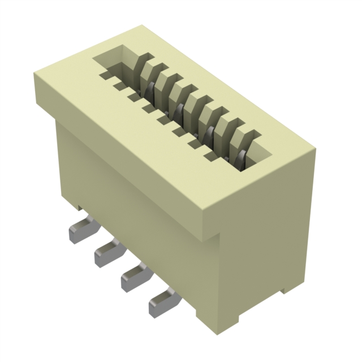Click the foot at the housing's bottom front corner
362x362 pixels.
coord(206,320)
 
